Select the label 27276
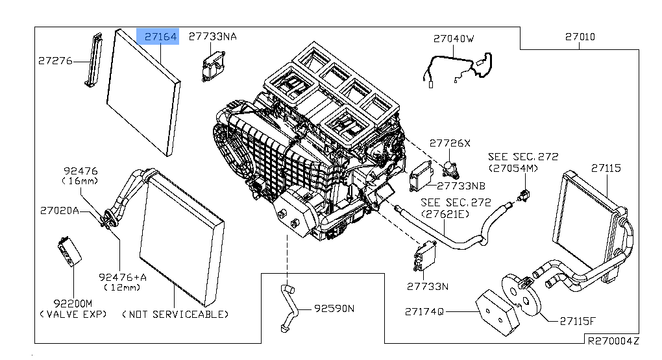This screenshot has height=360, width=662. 55,61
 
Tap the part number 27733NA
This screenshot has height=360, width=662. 212,37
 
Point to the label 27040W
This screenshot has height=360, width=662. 454,39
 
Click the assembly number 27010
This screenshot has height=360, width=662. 579,38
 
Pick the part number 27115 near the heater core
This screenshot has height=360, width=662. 606,168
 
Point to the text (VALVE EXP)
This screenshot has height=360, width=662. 73,314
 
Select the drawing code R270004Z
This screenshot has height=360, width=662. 613,340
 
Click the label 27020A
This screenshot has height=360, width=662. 59,210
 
